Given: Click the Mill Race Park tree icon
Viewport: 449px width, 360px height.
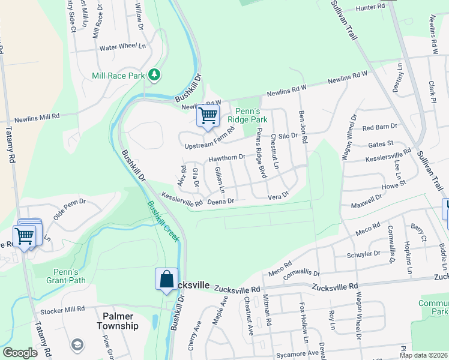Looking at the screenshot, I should pos(155,74).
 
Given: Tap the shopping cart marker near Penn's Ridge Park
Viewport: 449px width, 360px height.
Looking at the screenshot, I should pos(208,115).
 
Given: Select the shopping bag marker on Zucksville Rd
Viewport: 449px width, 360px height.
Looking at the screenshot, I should pos(166,280).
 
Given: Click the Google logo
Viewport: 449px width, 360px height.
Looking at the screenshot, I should pos(20,352).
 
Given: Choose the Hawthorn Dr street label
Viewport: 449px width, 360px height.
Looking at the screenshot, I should pos(227,158).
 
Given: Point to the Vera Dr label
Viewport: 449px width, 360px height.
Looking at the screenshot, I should pos(278,196).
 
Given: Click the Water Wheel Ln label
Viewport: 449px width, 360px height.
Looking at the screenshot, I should pos(122,46).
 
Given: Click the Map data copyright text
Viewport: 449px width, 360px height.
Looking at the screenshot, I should pos(422,355).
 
